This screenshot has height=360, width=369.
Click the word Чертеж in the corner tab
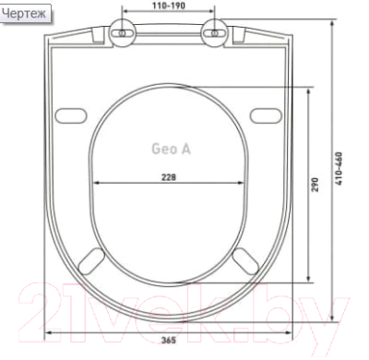24,13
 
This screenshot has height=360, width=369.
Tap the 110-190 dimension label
169,6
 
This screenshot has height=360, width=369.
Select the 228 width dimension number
169,177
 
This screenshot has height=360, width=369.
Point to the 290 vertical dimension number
315,185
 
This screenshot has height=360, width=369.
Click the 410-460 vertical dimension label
339,168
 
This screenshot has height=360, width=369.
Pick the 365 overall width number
169,340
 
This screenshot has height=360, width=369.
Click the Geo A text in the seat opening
172,149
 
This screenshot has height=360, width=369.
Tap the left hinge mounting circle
123,33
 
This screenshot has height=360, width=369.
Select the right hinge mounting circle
215,33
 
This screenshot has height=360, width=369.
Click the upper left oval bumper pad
71,115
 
